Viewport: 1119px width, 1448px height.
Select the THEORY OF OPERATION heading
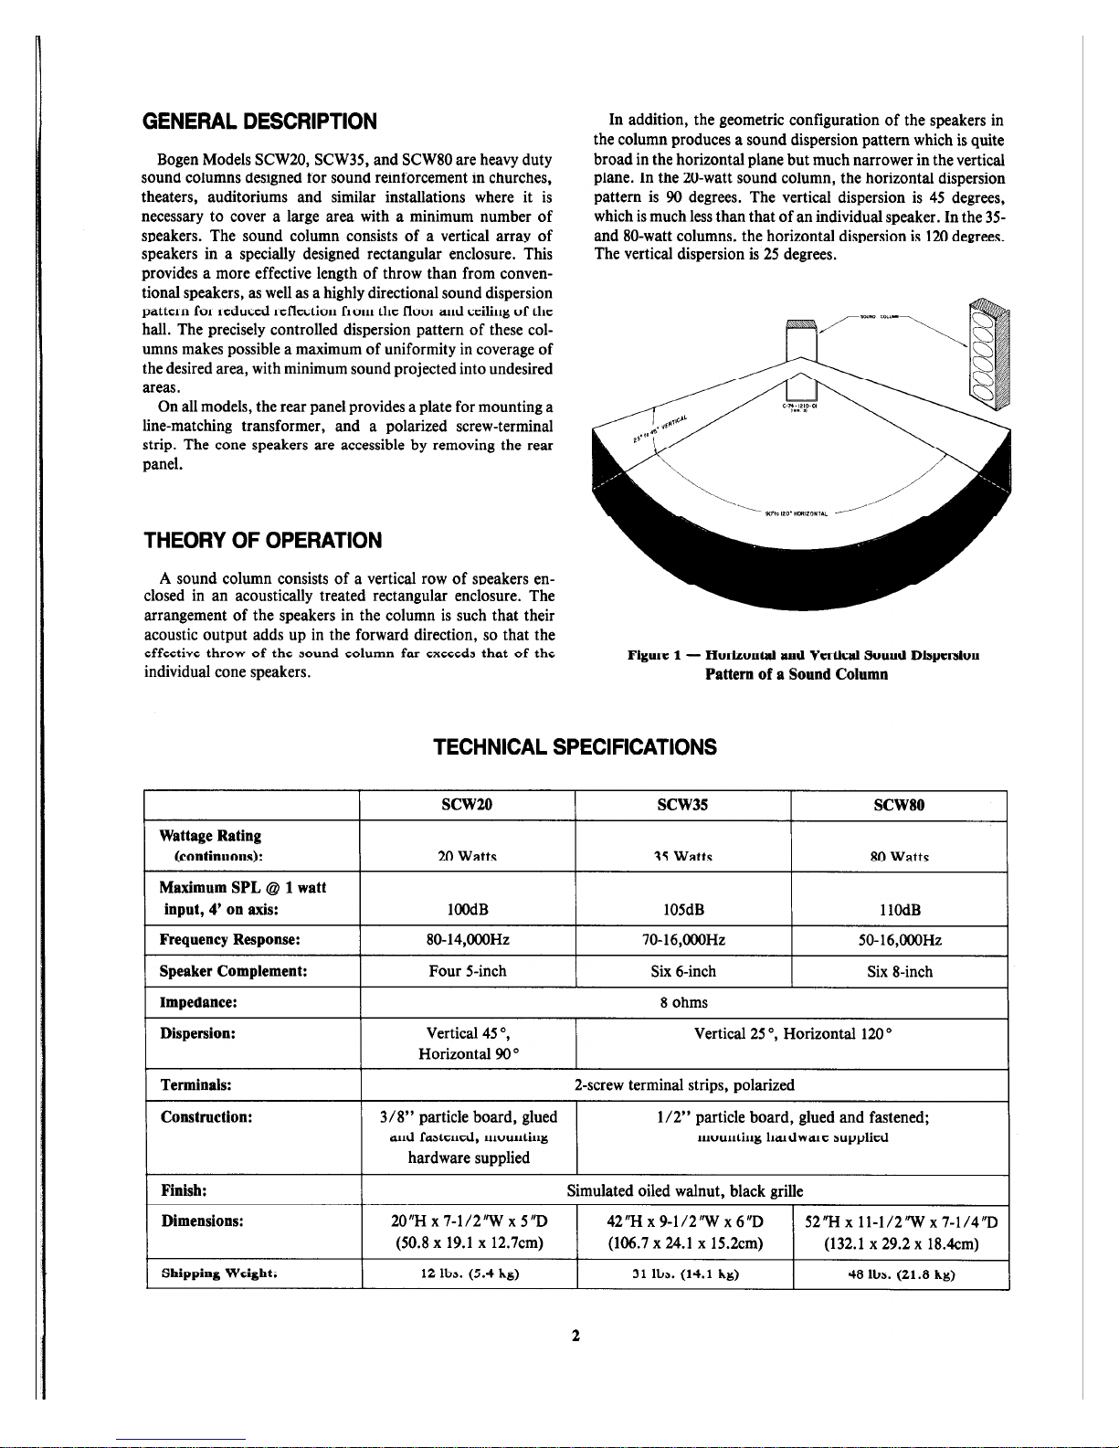point(263,540)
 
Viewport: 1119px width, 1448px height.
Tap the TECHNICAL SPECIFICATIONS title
point(575,747)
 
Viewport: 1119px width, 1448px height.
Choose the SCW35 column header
point(682,805)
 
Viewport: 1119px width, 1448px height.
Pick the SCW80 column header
point(899,805)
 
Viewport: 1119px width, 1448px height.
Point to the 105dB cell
point(682,909)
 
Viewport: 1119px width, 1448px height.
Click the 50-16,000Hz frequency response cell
point(900,940)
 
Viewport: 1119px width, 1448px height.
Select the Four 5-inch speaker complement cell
point(468,971)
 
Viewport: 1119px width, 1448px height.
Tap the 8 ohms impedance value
point(684,1002)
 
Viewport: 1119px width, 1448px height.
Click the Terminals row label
point(195,1084)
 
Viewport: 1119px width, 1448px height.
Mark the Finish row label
point(183,1190)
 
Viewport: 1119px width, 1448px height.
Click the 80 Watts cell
point(899,857)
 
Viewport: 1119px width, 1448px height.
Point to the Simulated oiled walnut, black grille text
point(684,1190)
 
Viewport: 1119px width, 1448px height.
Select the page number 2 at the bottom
point(575,1336)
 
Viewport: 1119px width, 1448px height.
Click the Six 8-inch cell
point(900,971)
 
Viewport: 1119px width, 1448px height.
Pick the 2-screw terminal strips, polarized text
point(684,1084)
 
